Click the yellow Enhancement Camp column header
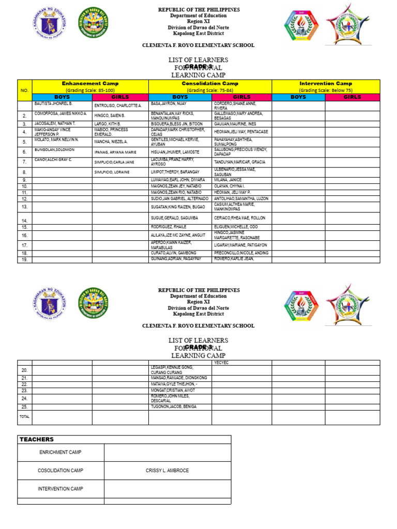pos(90,83)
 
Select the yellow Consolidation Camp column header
pos(210,83)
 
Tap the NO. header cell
pos(24,90)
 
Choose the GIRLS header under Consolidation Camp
pos(241,97)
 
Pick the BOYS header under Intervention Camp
pos(298,97)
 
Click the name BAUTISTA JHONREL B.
pos(53,104)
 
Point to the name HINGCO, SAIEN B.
pos(110,116)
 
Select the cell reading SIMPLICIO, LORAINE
pos(112,172)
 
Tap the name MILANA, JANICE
pos(228,180)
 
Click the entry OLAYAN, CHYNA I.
pos(230,186)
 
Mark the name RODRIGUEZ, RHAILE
pos(168,227)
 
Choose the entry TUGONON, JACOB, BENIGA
pos(174,407)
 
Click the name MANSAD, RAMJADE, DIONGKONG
pos(178,378)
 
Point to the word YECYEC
pos(221,363)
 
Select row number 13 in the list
pos(24,207)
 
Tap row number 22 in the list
pos(24,385)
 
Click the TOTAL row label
pos(24,416)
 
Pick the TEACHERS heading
pos(36,439)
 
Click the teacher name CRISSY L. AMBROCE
pos(167,471)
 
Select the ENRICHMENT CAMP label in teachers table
pos(60,453)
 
